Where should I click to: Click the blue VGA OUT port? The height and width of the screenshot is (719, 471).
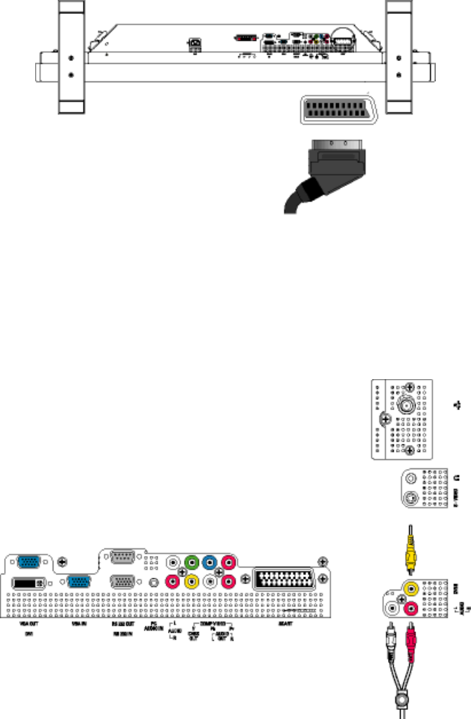[x=28, y=561]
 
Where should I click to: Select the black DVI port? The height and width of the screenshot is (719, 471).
[x=28, y=583]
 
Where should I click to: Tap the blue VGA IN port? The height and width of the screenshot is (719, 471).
[x=78, y=583]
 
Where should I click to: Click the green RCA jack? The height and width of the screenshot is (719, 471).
[x=190, y=563]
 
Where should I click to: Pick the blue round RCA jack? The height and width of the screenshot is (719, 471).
[x=208, y=563]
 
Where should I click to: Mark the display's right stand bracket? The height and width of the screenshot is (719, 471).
[x=400, y=56]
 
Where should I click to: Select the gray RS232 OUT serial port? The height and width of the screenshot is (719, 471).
[x=124, y=560]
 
